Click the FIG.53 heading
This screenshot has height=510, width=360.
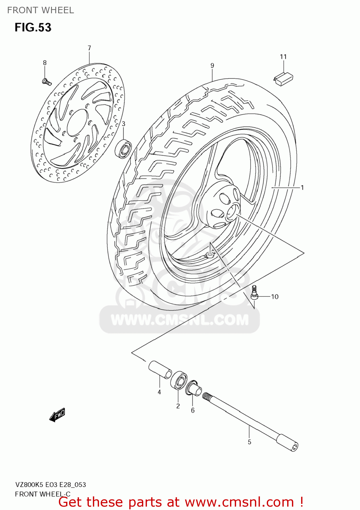(33, 28)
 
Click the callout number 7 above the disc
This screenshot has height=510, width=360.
(89, 48)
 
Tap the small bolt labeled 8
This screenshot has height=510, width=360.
(46, 81)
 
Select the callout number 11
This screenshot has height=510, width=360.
(283, 57)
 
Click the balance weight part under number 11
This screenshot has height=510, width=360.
(283, 79)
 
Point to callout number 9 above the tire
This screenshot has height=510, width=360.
(212, 66)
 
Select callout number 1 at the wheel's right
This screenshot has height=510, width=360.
(302, 187)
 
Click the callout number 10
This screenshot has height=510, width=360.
(275, 297)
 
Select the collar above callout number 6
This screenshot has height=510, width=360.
(193, 389)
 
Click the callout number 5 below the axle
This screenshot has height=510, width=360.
(249, 442)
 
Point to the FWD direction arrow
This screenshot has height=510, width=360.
(57, 415)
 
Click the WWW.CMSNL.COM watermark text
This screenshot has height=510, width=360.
(180, 320)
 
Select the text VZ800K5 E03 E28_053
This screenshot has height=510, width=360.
(50, 485)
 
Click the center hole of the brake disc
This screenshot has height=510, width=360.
(78, 123)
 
